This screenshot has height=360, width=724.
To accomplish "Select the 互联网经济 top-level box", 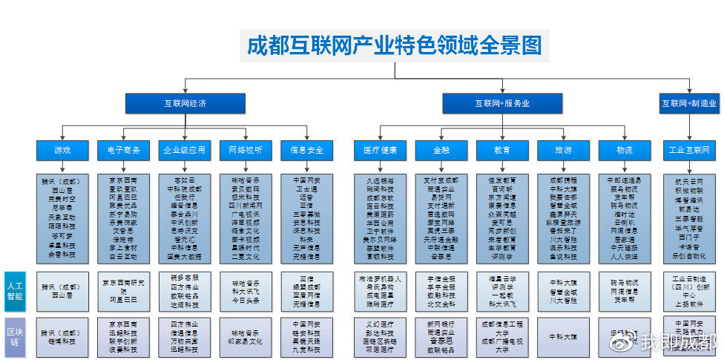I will coord(185,103).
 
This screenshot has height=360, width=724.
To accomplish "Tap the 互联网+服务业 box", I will coord(502,103).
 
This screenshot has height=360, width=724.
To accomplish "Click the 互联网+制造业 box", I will coord(688,103).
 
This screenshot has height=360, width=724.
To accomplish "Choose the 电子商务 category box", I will coord(123,150).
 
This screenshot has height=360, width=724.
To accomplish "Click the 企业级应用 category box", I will coord(184,150).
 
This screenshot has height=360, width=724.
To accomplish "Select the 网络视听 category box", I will coord(245,150).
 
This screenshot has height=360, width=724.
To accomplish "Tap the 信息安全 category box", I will coord(306,150).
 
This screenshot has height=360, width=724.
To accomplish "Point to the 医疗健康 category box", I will coord(380,150).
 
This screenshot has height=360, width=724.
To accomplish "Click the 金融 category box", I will coord(441,150).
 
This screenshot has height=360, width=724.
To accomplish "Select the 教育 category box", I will coord(502,150).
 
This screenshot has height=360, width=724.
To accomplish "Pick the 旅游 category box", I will coord(563,150).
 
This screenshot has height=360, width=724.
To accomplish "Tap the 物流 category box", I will coord(624,150).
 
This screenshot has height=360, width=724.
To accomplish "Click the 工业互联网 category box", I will coord(690,150).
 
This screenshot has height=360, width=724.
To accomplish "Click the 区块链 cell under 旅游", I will coord(563,336).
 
